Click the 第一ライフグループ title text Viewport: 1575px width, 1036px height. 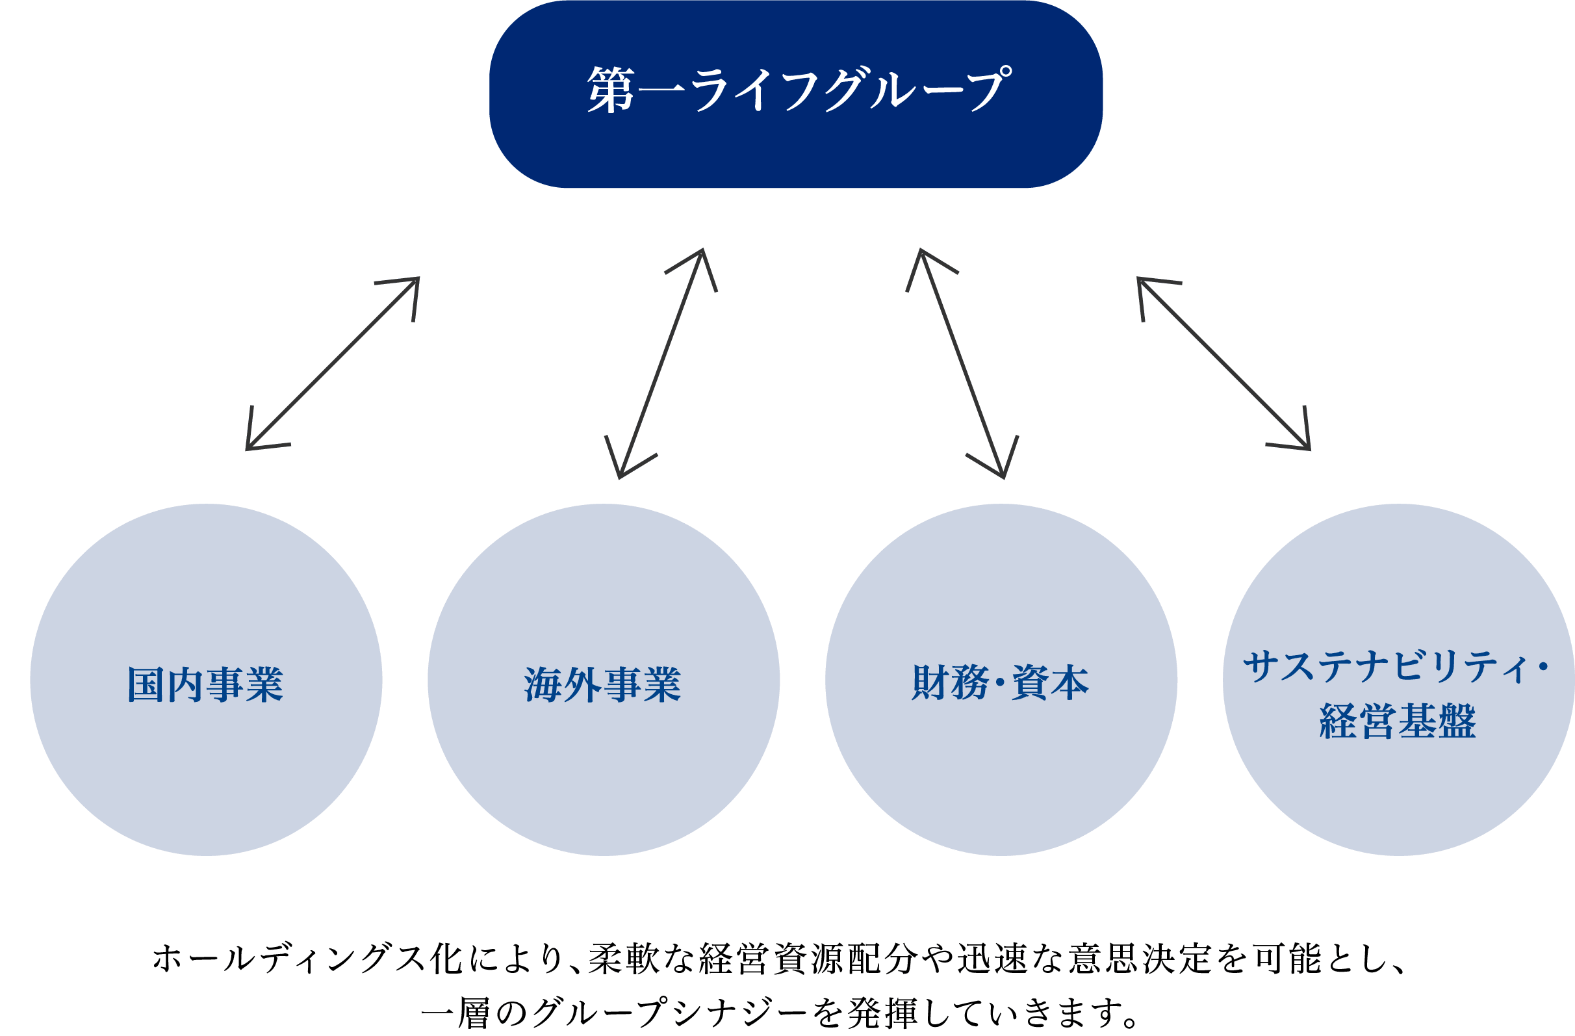pos(799,90)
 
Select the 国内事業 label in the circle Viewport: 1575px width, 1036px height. pos(205,684)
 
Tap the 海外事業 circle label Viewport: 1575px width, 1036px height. pos(603,684)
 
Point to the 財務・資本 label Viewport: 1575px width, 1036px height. pos(1000,682)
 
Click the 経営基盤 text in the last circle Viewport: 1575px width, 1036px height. pos(1398,721)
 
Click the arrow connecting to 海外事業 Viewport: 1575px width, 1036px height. pos(660,363)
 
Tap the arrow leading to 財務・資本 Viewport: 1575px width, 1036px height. pos(962,363)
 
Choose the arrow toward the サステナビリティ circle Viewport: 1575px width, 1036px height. pos(1223,363)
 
